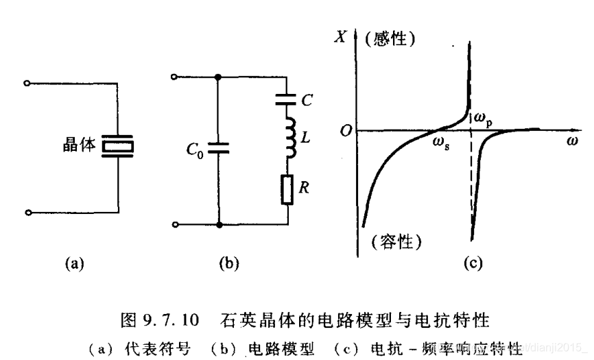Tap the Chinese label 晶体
pos(78,146)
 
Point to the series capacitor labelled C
pos(287,100)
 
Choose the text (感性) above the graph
pos(392,38)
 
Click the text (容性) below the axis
pos(396,241)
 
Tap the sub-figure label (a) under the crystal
pos(74,262)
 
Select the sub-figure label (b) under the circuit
pos(228,262)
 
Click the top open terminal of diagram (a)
pos(27,84)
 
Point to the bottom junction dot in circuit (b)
pos(219,224)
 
